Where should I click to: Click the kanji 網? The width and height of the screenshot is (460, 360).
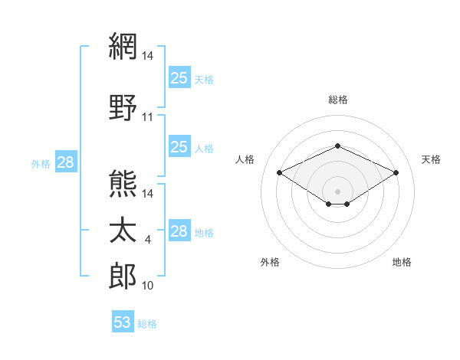tap(123, 46)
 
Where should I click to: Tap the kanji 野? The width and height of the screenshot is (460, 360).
tap(123, 107)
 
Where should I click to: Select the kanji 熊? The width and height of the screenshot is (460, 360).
tap(123, 184)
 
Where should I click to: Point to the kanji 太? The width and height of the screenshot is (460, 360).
tap(123, 230)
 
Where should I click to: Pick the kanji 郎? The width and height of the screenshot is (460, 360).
tap(123, 276)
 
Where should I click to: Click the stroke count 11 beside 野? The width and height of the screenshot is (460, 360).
tap(147, 117)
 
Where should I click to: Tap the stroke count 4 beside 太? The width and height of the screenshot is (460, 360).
tap(147, 240)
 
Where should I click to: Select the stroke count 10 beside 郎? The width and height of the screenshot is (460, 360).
tap(147, 286)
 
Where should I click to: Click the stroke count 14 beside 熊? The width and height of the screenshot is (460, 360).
tap(147, 194)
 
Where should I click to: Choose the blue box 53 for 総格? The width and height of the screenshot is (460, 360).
tap(123, 321)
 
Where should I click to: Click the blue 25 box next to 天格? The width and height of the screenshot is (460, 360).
tap(179, 77)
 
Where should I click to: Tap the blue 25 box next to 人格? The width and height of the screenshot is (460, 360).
tap(179, 146)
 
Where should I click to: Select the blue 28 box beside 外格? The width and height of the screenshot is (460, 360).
tap(66, 162)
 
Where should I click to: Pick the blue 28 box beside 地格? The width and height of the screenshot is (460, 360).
tap(179, 230)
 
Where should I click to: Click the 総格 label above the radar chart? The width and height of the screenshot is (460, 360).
tap(338, 100)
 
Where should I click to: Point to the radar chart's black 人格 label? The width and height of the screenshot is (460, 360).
tap(245, 159)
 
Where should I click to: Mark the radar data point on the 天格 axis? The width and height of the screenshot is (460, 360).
tap(396, 172)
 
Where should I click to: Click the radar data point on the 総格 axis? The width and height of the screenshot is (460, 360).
tap(337, 146)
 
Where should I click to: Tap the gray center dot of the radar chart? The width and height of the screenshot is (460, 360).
tap(337, 191)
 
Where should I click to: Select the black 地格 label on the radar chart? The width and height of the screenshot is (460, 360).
tap(402, 262)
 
